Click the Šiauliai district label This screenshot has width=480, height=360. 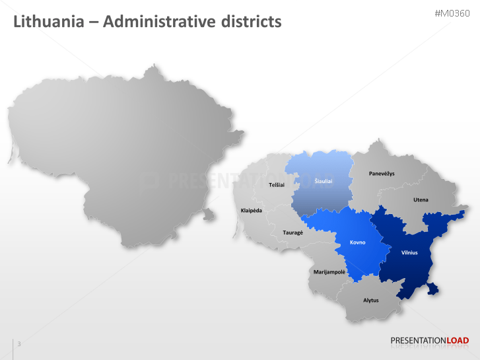[323, 180]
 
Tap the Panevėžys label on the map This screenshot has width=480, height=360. [382, 173]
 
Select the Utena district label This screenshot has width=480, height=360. [421, 199]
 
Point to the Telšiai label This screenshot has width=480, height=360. [277, 185]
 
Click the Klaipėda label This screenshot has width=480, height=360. [251, 210]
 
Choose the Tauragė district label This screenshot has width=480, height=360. [292, 233]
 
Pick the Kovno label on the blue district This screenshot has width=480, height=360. [357, 242]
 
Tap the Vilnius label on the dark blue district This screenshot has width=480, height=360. [409, 252]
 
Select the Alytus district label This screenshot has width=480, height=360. [371, 300]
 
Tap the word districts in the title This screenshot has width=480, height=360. [248, 22]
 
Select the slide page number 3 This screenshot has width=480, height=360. [19, 343]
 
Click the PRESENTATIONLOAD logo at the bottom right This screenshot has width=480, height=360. [429, 341]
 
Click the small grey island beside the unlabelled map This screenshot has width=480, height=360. [209, 213]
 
